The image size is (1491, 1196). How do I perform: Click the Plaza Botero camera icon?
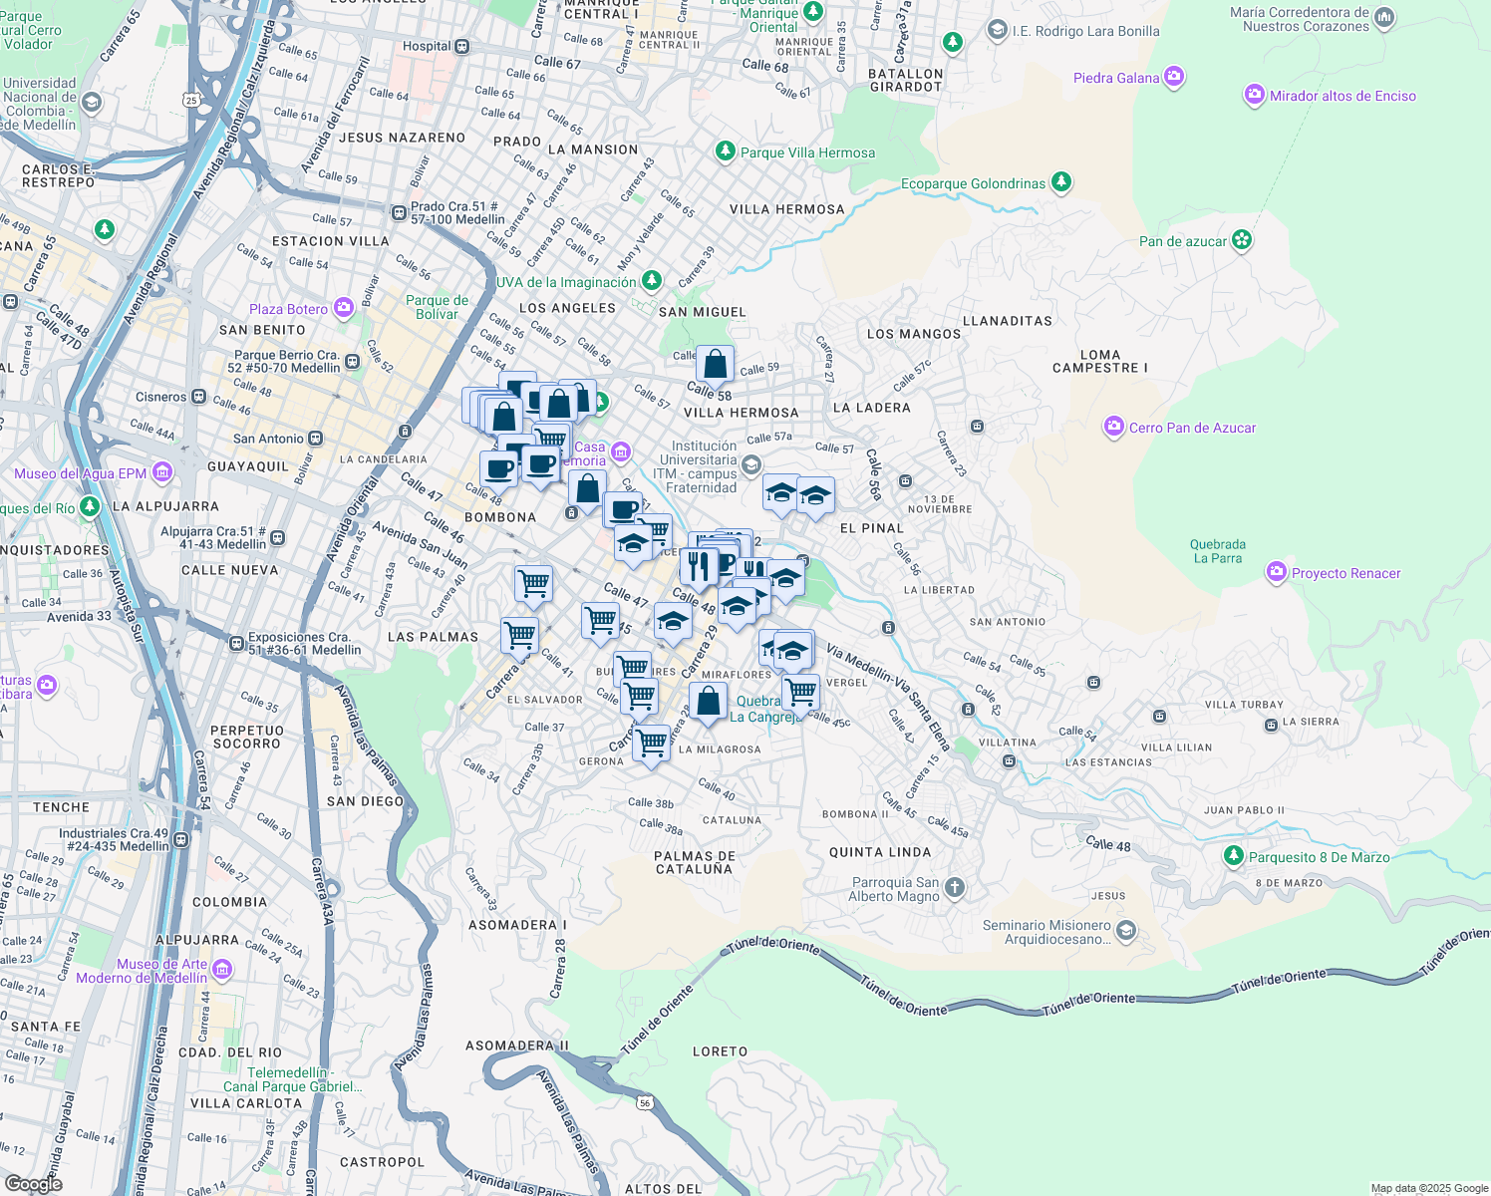[x=344, y=308]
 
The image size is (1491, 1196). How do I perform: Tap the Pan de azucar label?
[x=1183, y=241]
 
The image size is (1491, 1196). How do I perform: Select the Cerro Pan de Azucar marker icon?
[x=1113, y=427]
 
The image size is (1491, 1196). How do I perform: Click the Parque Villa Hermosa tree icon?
[x=725, y=151]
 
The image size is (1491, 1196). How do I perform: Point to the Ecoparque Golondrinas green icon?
[x=1061, y=182]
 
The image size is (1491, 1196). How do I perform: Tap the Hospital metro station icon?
[x=461, y=46]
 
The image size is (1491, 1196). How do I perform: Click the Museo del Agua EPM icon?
[x=161, y=472]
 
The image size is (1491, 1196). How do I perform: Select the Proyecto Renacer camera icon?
[x=1276, y=572]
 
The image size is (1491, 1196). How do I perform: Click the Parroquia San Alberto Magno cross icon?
[x=954, y=887]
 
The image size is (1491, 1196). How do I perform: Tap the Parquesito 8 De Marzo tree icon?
[x=1234, y=856]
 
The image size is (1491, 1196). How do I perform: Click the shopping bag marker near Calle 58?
[x=715, y=365]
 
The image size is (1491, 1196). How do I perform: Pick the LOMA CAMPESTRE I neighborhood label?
[x=1099, y=361]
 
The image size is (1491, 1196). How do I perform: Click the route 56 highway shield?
[x=645, y=1101]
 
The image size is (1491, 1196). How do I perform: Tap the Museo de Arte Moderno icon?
[x=222, y=969]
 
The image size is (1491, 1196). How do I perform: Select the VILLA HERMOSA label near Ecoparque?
[x=786, y=209]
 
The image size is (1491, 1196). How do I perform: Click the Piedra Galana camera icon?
[x=1173, y=77]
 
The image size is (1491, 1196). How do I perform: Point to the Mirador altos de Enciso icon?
[x=1254, y=95]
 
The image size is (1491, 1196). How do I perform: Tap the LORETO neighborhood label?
[x=720, y=1051]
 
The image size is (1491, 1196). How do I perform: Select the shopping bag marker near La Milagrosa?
[x=708, y=702]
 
